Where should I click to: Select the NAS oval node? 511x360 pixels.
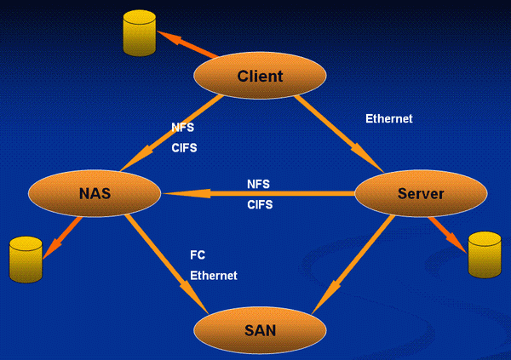94,193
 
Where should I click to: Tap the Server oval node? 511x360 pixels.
420,194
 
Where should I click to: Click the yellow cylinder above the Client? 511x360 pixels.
140,33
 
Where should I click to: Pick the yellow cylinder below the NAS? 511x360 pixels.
26,260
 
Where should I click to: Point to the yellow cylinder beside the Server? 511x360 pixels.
485,254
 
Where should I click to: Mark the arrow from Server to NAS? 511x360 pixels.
255,193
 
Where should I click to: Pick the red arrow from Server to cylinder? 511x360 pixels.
449,232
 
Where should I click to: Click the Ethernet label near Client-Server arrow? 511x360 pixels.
388,119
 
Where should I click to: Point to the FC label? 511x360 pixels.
198,255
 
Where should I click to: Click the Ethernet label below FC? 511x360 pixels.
213,276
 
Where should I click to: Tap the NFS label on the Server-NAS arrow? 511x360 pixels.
259,183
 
